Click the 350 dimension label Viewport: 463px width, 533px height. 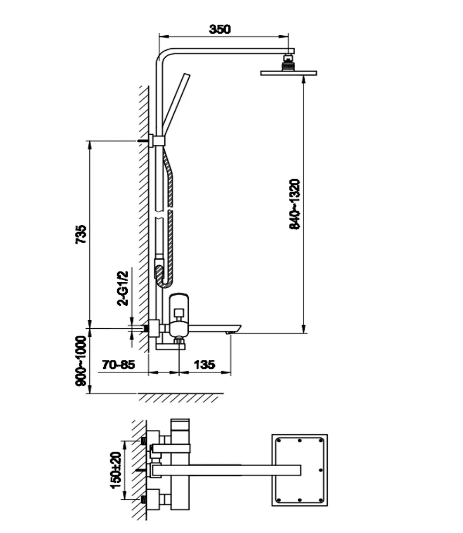220,29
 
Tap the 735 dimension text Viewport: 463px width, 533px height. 81,234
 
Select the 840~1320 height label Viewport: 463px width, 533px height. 295,204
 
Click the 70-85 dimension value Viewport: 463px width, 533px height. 118,365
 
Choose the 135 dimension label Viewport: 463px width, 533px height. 204,365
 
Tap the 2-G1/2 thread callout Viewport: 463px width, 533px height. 123,288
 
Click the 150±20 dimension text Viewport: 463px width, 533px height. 116,470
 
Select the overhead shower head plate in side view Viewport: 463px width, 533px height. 289,73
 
